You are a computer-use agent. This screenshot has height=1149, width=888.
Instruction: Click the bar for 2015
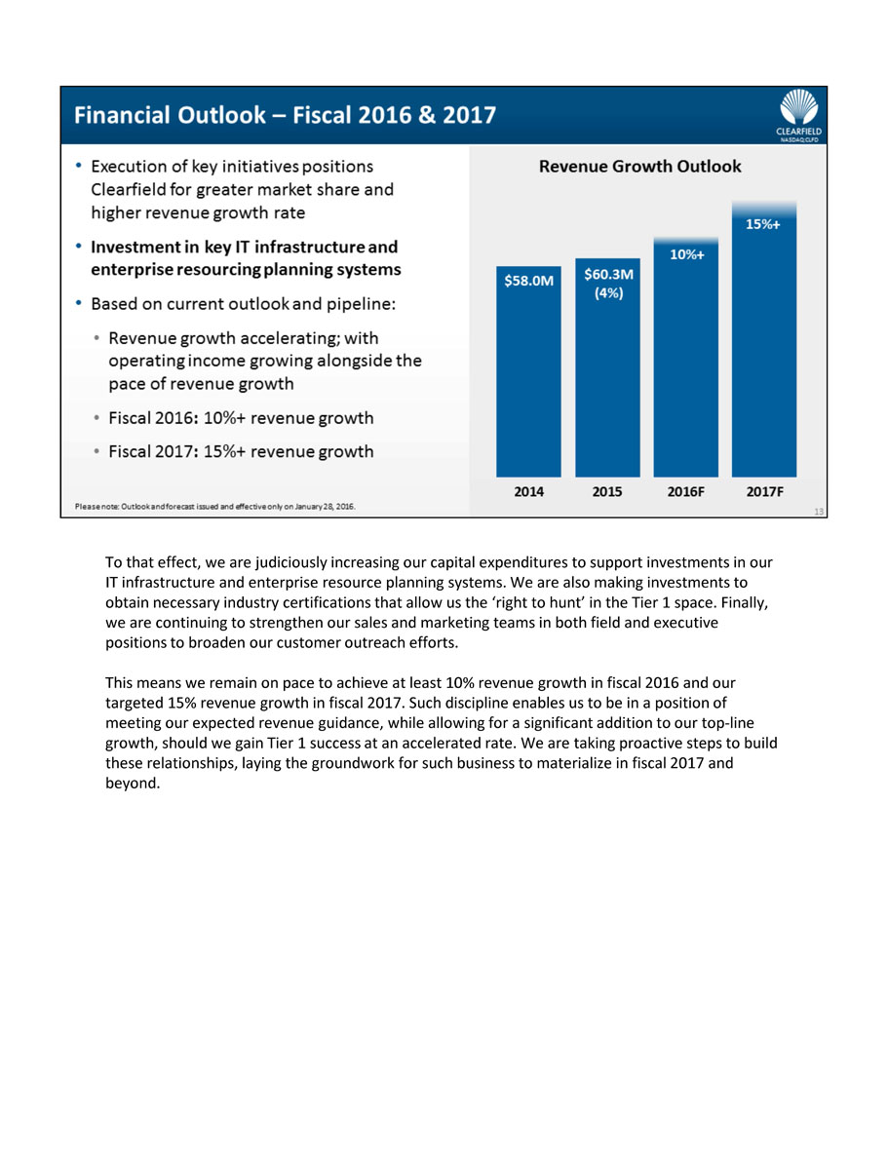coord(607,380)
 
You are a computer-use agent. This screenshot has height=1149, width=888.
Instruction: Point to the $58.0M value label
coord(528,281)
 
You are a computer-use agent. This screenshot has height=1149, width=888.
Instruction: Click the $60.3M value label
coord(608,276)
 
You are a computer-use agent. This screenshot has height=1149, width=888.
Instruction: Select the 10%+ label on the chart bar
coord(686,254)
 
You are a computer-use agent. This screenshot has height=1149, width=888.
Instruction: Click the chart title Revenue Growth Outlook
coord(640,167)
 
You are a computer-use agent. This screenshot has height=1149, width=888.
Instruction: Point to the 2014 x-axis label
coord(528,492)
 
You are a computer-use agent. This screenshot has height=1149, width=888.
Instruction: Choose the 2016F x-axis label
coord(686,492)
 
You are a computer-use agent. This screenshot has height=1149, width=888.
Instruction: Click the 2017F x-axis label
coord(765,492)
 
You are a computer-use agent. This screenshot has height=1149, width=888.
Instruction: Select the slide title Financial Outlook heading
coord(285,115)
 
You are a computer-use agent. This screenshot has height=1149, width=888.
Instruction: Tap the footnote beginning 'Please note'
coord(215,506)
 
